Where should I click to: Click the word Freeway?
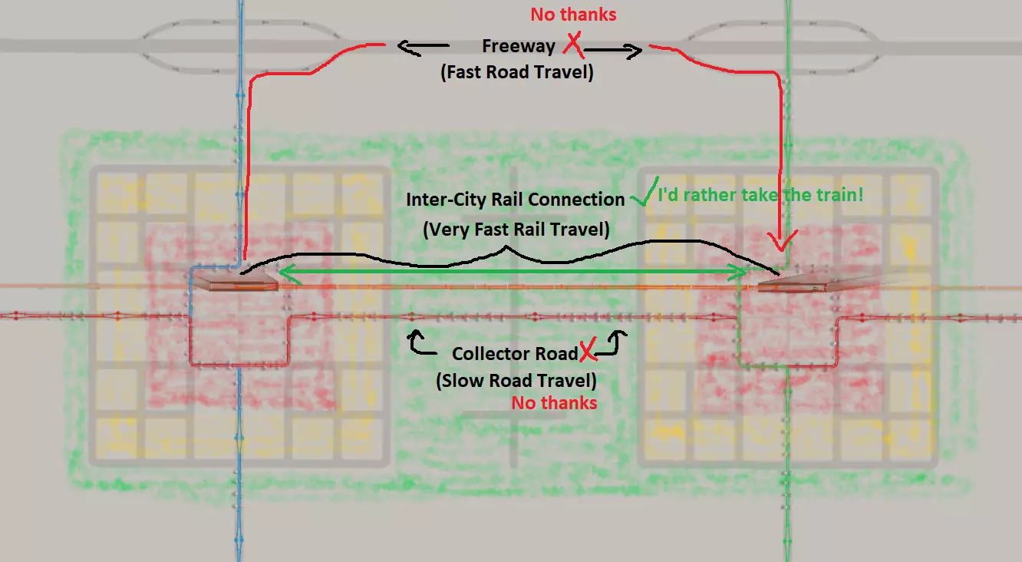pyautogui.click(x=518, y=46)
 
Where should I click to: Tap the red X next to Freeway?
pyautogui.click(x=572, y=46)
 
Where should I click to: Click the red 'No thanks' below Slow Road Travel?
pyautogui.click(x=554, y=403)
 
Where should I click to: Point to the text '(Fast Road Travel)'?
pyautogui.click(x=517, y=74)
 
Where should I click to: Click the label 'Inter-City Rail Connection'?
pyautogui.click(x=515, y=200)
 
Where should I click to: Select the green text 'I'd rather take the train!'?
pyautogui.click(x=760, y=195)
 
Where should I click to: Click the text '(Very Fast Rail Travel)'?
pyautogui.click(x=516, y=229)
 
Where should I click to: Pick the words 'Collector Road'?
pyautogui.click(x=514, y=354)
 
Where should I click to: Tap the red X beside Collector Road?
pyautogui.click(x=588, y=353)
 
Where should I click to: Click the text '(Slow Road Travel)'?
pyautogui.click(x=516, y=379)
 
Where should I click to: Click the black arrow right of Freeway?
pyautogui.click(x=614, y=51)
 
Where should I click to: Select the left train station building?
pyautogui.click(x=235, y=283)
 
